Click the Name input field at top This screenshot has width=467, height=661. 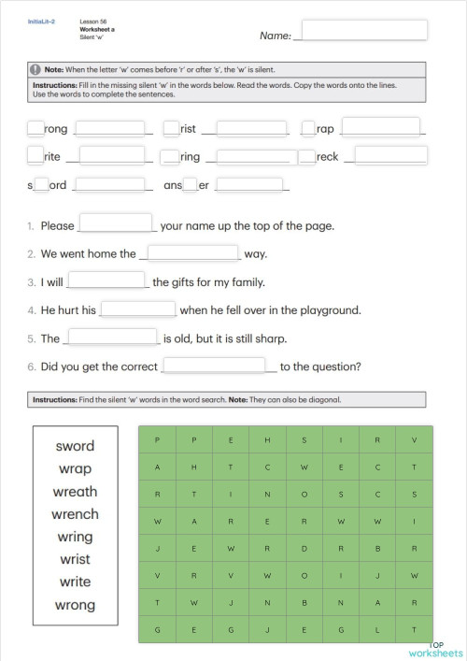364,32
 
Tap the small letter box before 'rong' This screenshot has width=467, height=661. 35,129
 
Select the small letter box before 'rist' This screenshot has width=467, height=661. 171,129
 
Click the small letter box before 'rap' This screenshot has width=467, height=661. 308,129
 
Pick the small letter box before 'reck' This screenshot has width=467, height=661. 307,157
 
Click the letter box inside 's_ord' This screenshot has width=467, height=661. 41,185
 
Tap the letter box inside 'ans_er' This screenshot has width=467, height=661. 191,185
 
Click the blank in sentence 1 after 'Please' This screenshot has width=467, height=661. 117,223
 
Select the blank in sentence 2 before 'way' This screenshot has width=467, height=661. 194,252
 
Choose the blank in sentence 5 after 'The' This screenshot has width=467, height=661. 113,337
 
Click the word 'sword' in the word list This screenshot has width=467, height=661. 75,447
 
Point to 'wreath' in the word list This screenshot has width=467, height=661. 75,492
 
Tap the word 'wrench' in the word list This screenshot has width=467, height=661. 75,514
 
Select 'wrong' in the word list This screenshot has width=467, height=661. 75,605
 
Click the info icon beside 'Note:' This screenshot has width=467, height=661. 35,69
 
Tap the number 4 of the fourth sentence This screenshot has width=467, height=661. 31,310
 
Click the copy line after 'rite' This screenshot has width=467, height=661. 112,156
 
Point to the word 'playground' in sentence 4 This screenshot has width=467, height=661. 327,310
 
